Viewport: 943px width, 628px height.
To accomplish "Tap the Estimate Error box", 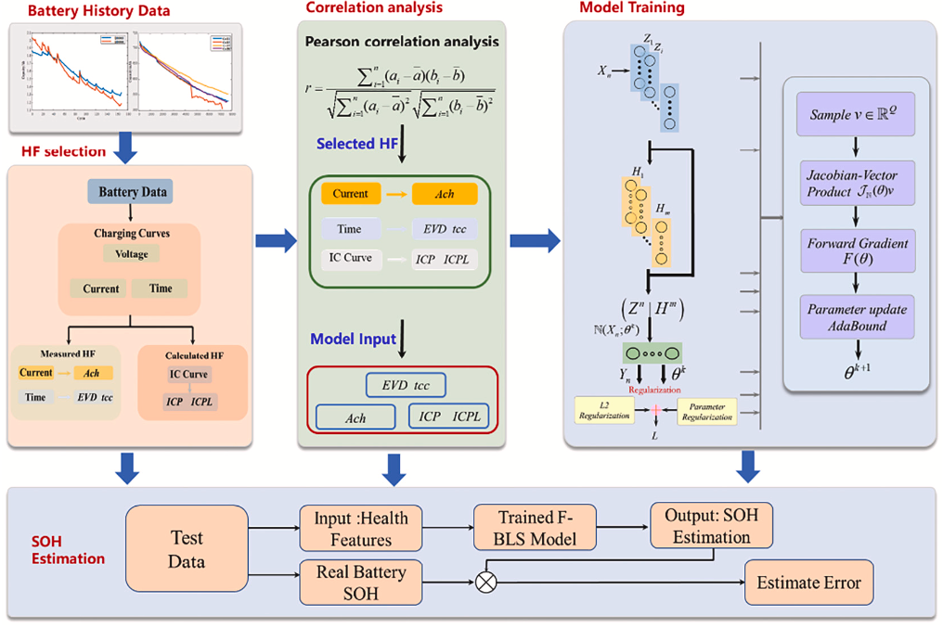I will (808, 583).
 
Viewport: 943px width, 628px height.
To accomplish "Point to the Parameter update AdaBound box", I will (854, 318).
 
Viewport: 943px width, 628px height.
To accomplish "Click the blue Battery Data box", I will (132, 193).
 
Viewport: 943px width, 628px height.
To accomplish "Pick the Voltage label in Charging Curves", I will (132, 253).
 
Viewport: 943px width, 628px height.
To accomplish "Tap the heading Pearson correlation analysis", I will (401, 42).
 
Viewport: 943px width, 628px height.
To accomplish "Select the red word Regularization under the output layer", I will (655, 390).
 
